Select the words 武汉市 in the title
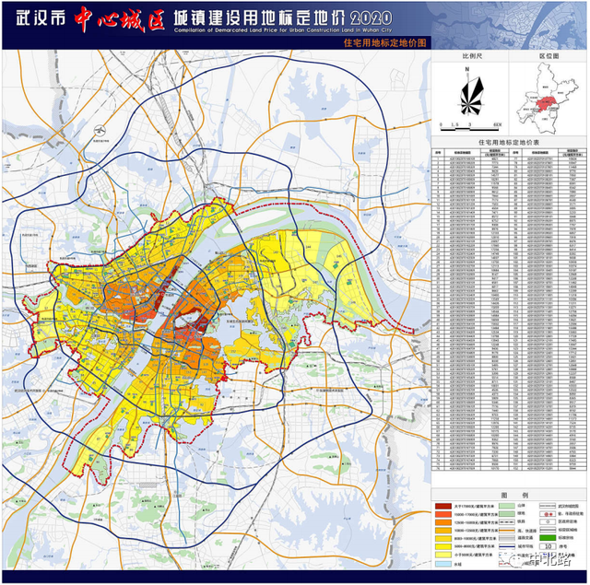(x=40, y=18)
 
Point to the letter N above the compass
(x=468, y=69)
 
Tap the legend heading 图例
(x=510, y=494)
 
